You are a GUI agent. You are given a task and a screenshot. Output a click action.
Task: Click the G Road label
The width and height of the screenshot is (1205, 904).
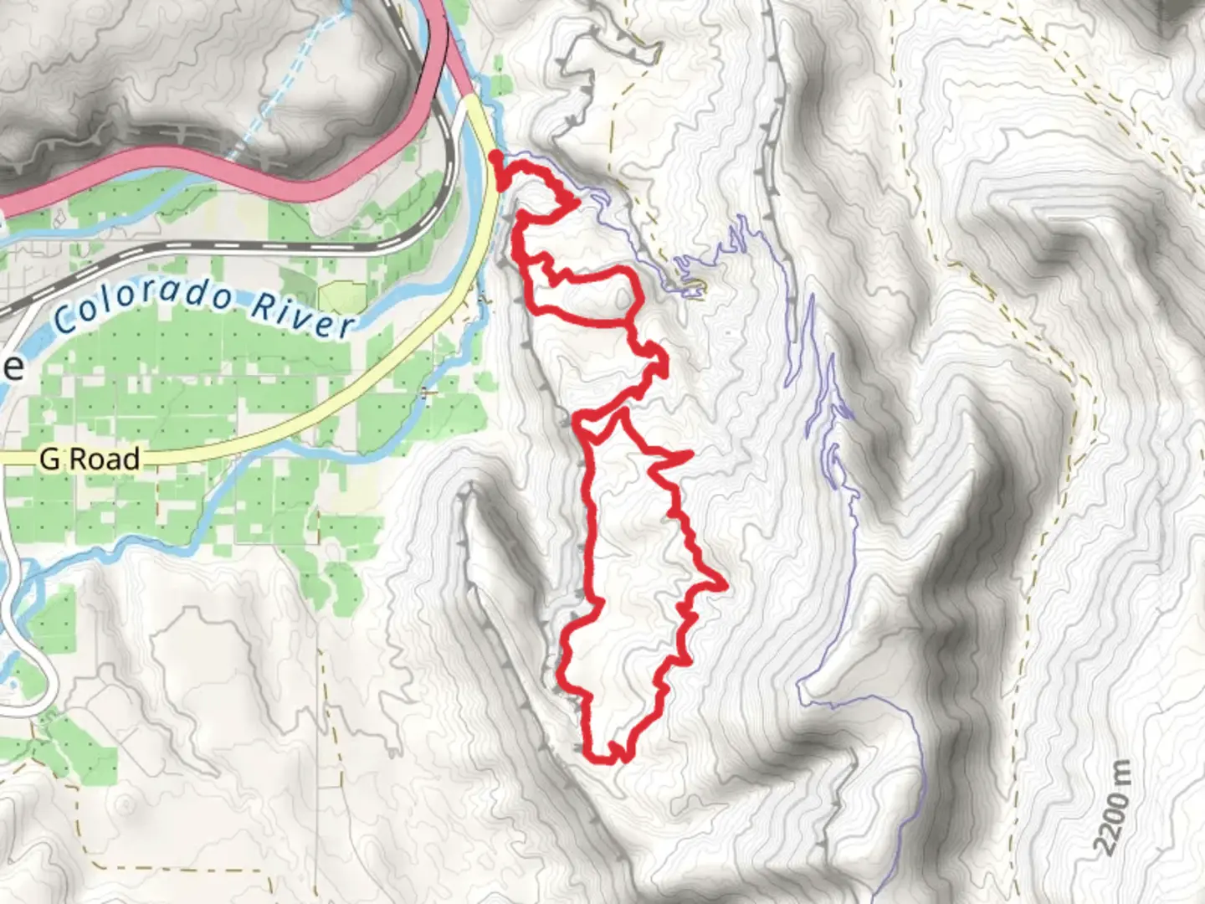pos(89,459)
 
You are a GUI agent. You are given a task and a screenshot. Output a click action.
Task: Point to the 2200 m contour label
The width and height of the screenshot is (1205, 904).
pos(1113,808)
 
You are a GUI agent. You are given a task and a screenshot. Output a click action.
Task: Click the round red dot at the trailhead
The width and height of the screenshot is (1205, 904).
pos(495,156)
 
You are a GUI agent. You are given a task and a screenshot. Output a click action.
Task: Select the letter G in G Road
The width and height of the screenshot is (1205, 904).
pos(49,459)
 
